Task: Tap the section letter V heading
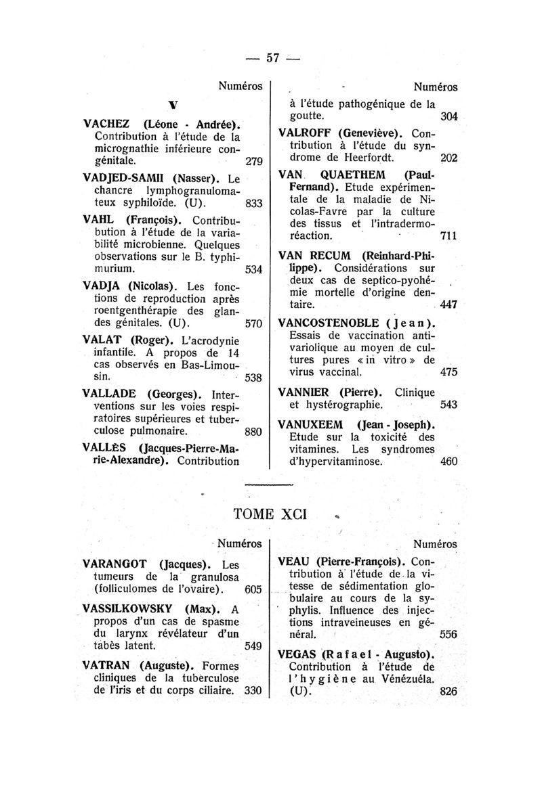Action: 173,105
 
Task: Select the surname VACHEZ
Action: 108,125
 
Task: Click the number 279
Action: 253,162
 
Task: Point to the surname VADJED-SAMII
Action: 124,179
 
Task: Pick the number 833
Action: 253,203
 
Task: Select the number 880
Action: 253,430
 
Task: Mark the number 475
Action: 449,372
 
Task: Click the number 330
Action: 253,692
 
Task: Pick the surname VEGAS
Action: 297,656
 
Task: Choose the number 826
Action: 449,692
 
